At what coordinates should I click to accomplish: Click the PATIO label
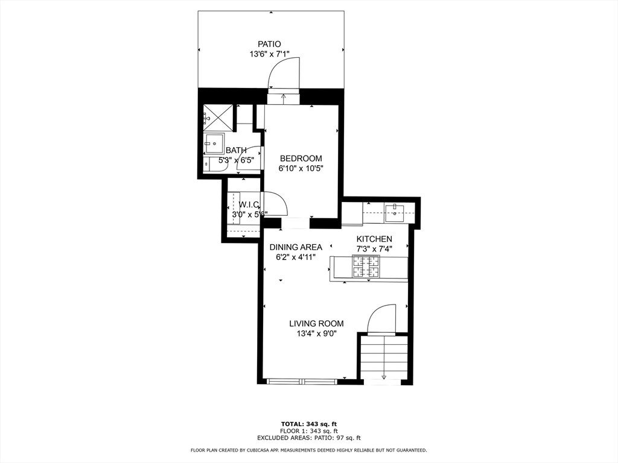pyautogui.click(x=270, y=44)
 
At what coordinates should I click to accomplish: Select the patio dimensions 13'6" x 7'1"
pyautogui.click(x=270, y=54)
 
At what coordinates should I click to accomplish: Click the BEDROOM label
pyautogui.click(x=301, y=159)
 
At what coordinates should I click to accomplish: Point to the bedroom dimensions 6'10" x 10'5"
pyautogui.click(x=301, y=169)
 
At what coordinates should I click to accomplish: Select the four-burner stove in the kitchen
pyautogui.click(x=366, y=267)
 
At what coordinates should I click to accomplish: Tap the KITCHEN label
pyautogui.click(x=374, y=239)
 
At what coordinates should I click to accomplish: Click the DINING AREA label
pyautogui.click(x=296, y=247)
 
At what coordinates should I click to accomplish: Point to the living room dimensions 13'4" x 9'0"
pyautogui.click(x=316, y=334)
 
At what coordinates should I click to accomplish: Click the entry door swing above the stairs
pyautogui.click(x=381, y=319)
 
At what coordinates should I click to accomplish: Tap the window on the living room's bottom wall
pyautogui.click(x=302, y=381)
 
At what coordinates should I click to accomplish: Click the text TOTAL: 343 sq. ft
pyautogui.click(x=308, y=423)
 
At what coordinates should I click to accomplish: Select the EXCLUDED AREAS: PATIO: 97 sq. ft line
pyautogui.click(x=308, y=438)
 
